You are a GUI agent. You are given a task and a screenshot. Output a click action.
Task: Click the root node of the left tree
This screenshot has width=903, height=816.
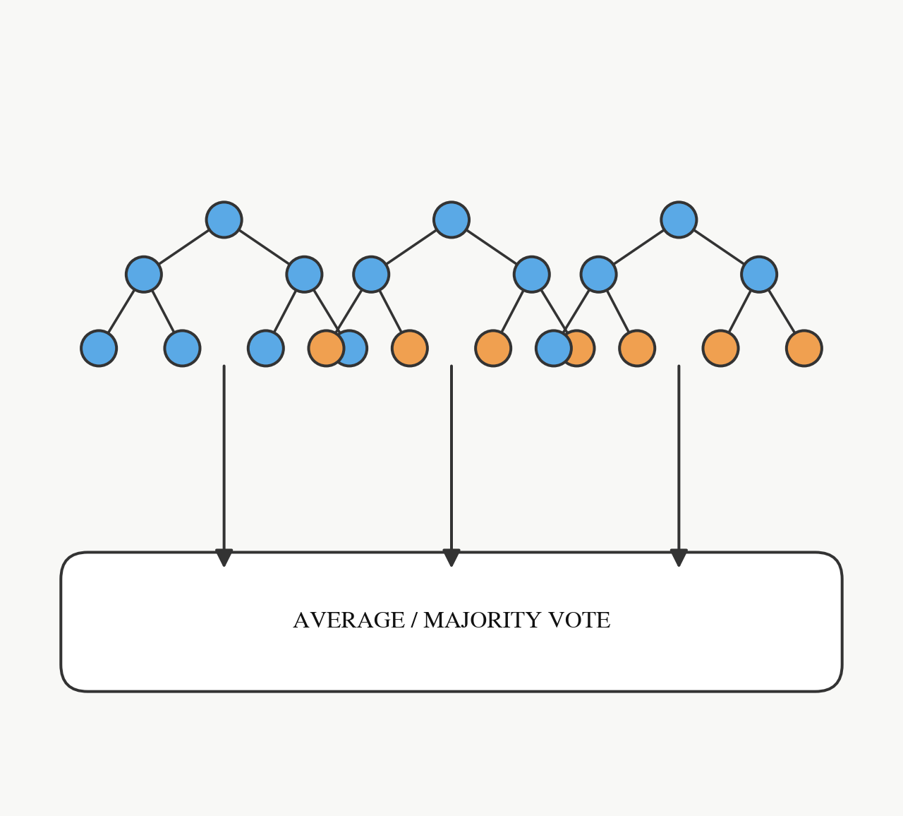[x=224, y=220]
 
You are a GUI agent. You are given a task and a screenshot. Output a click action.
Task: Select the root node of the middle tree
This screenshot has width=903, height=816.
[x=451, y=220]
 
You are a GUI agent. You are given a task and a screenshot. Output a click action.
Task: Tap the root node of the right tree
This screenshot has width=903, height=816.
[x=679, y=220]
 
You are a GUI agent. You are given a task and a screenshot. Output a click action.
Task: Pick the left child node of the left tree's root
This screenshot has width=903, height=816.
[x=144, y=275]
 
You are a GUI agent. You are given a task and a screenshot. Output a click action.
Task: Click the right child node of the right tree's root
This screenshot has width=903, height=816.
[x=759, y=275]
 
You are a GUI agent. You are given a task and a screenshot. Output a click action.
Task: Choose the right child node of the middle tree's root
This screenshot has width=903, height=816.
[x=532, y=275]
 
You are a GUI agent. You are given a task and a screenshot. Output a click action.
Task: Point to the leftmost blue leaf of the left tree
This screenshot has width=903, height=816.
[x=99, y=348]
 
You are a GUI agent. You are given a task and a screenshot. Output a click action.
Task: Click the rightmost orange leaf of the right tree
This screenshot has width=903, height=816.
[x=804, y=348]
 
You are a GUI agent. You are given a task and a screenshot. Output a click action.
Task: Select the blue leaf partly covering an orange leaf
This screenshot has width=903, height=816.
[x=553, y=348]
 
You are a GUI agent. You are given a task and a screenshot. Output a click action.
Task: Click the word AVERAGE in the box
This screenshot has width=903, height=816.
[x=349, y=620]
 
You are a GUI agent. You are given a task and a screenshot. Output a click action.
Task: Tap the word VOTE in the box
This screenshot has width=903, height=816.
[x=580, y=620]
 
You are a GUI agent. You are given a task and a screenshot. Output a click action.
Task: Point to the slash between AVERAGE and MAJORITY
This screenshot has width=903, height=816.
[x=414, y=620]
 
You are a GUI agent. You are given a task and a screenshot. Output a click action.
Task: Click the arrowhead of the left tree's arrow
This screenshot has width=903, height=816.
[x=224, y=558]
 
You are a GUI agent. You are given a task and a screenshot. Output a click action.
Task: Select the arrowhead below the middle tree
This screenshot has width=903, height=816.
[x=451, y=558]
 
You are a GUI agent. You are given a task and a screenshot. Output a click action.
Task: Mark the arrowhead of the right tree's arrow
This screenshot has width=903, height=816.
[x=679, y=558]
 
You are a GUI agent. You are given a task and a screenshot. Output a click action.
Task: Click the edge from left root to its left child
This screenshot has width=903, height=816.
[x=183, y=247]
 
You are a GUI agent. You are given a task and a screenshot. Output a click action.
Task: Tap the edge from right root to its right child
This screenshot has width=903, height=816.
[x=719, y=247]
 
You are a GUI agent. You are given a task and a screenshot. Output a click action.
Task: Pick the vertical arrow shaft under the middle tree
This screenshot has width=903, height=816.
[x=451, y=457]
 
